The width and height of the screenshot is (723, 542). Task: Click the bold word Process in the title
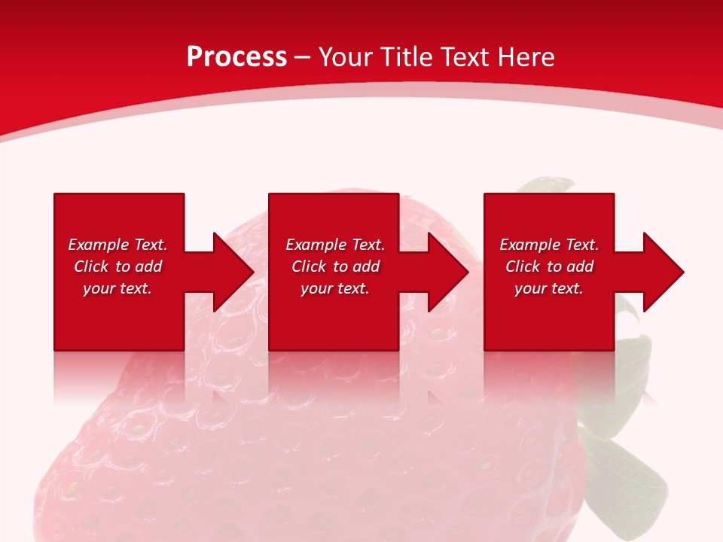tap(237, 57)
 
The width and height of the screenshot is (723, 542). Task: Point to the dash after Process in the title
tap(303, 58)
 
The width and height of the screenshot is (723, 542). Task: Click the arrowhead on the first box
tap(233, 272)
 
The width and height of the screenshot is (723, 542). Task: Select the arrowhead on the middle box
tap(448, 272)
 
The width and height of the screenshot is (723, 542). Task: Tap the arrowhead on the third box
tap(664, 272)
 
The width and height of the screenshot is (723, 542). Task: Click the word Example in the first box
tap(99, 245)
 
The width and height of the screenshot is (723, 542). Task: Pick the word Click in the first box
tap(91, 266)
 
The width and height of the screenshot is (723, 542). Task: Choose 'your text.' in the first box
tap(117, 288)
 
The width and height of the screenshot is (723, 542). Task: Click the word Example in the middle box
tap(316, 245)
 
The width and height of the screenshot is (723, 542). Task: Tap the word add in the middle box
tap(366, 266)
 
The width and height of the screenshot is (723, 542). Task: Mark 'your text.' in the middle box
tap(334, 288)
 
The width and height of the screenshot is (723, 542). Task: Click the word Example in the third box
tap(530, 245)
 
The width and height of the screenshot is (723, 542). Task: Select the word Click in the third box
tap(523, 266)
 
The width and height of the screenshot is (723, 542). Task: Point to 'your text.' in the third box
tap(549, 288)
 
